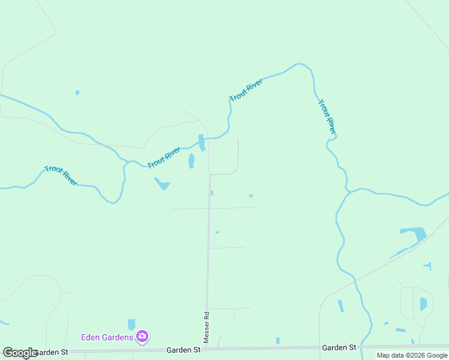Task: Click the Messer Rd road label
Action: (x=206, y=327)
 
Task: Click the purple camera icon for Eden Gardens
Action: (x=142, y=336)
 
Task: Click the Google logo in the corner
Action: (x=19, y=353)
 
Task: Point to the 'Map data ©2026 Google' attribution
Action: (x=412, y=355)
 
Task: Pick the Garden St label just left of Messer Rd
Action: (x=183, y=350)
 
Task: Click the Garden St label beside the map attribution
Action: (x=339, y=347)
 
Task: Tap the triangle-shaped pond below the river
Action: (x=162, y=184)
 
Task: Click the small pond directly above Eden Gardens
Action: (x=131, y=324)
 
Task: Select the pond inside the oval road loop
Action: (x=423, y=304)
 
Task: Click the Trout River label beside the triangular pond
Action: (x=164, y=157)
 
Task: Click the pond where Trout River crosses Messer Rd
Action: (x=202, y=142)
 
